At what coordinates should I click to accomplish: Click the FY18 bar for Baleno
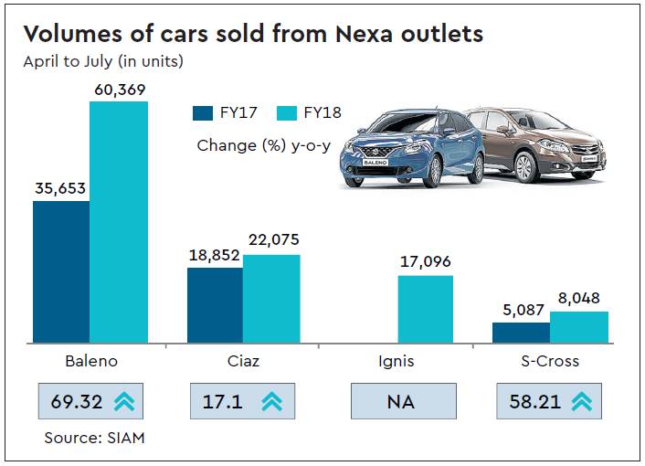click(x=119, y=222)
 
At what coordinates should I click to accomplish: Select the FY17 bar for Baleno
click(x=61, y=271)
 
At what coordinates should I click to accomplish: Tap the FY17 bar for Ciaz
click(x=215, y=305)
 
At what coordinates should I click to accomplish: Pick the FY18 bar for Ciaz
click(x=271, y=299)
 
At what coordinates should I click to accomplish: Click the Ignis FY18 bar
click(x=425, y=309)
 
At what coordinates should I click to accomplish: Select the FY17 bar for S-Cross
click(x=521, y=333)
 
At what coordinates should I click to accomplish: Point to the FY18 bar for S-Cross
click(x=579, y=327)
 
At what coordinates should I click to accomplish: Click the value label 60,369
click(x=118, y=90)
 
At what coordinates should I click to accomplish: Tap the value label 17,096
click(x=425, y=262)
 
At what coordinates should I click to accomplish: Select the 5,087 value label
click(x=522, y=309)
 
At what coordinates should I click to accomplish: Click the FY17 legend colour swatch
click(x=203, y=114)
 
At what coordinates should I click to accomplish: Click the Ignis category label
click(x=396, y=361)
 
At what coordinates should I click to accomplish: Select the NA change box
click(x=403, y=401)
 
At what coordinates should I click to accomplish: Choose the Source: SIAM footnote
click(x=95, y=439)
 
